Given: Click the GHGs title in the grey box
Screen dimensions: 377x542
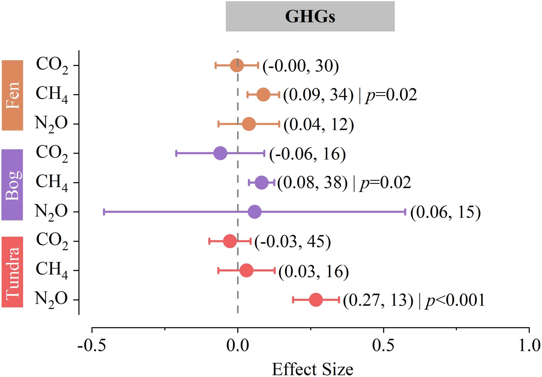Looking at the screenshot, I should [x=310, y=17].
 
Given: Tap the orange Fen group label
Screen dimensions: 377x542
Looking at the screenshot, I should [x=13, y=95].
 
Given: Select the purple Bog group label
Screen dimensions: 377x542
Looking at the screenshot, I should [x=12, y=185].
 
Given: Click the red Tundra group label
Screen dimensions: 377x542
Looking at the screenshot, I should [x=13, y=272].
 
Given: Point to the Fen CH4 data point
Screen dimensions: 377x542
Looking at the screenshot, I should [x=263, y=95].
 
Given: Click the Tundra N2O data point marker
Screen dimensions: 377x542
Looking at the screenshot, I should [x=316, y=300].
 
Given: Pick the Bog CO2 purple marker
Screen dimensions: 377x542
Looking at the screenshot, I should [x=220, y=153].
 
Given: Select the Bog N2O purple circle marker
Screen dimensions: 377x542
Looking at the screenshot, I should [x=254, y=212].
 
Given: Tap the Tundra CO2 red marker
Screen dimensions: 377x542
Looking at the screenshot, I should [x=230, y=241].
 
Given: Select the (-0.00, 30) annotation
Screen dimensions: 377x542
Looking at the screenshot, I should [x=301, y=66].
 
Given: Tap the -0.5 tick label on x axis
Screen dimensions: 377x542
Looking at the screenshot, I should [x=92, y=345].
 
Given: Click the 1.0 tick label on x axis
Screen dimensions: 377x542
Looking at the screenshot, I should [x=529, y=345].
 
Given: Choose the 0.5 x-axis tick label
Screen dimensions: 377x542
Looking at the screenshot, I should [x=383, y=345].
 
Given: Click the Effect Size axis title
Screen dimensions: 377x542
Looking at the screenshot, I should [x=312, y=369].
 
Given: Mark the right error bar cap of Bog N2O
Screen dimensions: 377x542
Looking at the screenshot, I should [x=405, y=212].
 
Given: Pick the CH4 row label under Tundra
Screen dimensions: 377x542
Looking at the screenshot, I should [x=52, y=270].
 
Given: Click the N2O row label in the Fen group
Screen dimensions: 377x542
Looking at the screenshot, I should [x=51, y=124].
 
